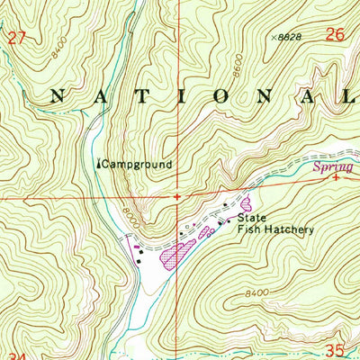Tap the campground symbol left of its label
click(98, 164)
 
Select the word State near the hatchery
click(252, 217)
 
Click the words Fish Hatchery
click(275, 229)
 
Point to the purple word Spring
click(329, 167)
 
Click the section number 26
click(335, 35)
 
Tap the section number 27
click(13, 37)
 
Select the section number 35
click(335, 349)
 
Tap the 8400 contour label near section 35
click(256, 292)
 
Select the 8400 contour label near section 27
click(60, 51)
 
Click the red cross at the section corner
click(177, 195)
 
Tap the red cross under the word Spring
click(335, 178)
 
